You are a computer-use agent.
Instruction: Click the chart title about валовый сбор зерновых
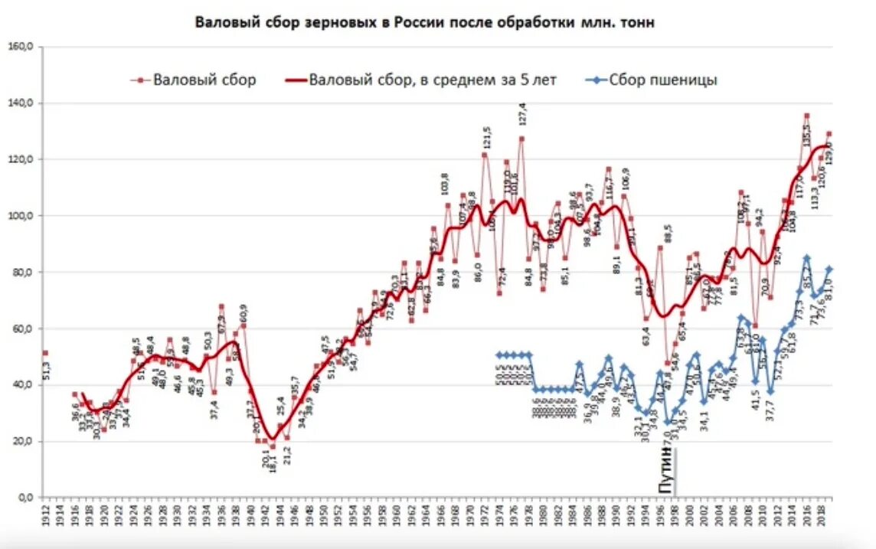pos(425,22)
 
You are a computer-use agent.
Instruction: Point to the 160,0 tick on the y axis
pos(22,47)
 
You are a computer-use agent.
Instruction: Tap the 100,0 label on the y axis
pos(22,216)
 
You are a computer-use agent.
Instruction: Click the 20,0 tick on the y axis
pos(22,442)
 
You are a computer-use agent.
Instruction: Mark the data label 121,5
pos(485,141)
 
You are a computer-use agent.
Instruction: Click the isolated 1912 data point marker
pos(45,353)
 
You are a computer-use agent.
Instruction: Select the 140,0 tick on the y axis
pos(22,103)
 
